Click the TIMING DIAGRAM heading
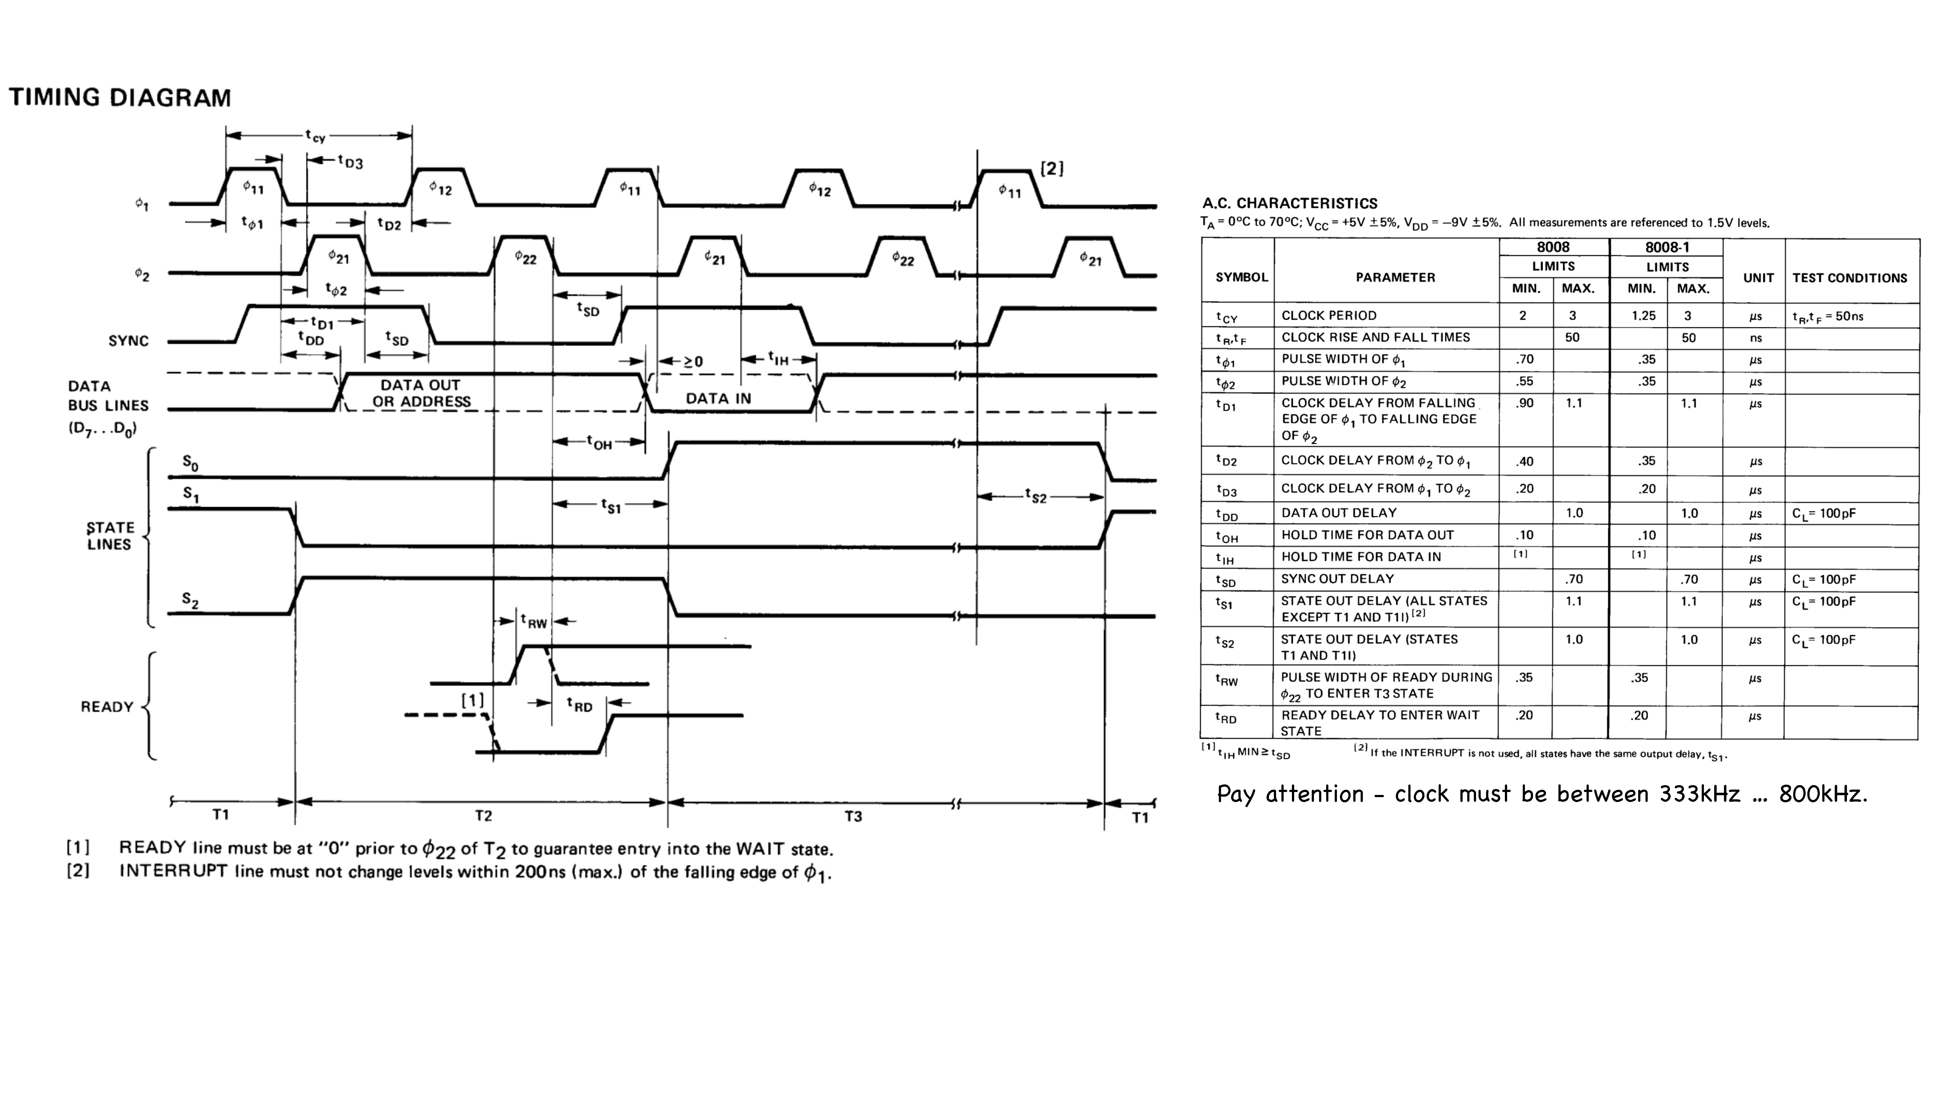coord(120,98)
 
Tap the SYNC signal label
coord(128,341)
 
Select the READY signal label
coord(107,707)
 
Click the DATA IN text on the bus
coord(718,398)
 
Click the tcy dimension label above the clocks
coord(315,136)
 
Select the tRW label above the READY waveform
coord(534,621)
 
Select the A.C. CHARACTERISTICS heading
coord(1289,203)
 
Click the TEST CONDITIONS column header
coord(1850,278)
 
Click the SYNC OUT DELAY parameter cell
coord(1337,578)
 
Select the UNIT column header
coord(1758,278)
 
